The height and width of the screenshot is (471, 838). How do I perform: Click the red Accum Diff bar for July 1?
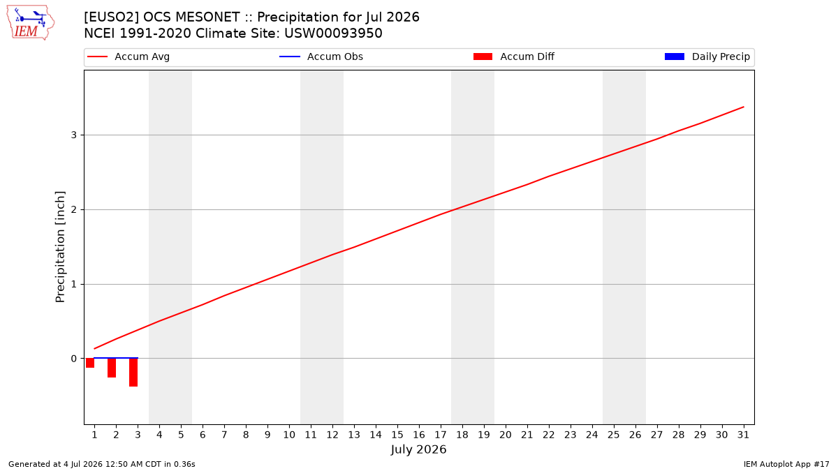[90, 363]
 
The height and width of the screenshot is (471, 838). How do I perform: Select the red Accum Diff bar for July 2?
[112, 368]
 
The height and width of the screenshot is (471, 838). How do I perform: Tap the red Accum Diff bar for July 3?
[133, 373]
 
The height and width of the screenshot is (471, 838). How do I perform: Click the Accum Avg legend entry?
[128, 57]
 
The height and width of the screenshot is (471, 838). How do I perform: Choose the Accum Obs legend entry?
[321, 57]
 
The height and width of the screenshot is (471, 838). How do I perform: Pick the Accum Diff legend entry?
[514, 57]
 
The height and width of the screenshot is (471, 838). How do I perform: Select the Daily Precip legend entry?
[707, 57]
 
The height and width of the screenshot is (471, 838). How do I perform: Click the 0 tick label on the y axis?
[74, 359]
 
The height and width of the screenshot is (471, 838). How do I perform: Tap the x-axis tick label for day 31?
[743, 435]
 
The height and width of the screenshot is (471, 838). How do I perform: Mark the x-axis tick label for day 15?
[397, 435]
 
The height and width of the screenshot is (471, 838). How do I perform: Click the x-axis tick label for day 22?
[549, 435]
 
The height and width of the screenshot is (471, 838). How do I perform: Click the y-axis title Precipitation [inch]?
[60, 247]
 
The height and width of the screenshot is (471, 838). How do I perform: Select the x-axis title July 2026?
[418, 449]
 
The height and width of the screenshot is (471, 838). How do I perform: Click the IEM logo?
[31, 22]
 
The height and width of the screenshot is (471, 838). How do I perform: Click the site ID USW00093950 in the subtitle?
[333, 33]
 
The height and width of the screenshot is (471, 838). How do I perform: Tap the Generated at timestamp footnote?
[102, 464]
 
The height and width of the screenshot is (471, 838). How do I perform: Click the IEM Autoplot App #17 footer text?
[786, 464]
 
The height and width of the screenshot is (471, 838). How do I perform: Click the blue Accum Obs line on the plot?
[116, 358]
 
